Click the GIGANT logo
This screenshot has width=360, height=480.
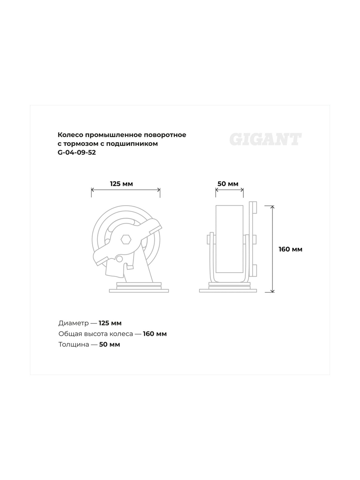tap(265, 139)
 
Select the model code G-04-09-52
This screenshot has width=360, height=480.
tap(77, 152)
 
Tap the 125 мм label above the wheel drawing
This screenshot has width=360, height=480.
tap(121, 184)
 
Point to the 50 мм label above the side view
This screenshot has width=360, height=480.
tap(228, 184)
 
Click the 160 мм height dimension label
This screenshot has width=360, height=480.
tap(290, 249)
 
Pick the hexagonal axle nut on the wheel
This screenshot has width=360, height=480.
tap(126, 239)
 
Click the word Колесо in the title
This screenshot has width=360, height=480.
tap(70, 135)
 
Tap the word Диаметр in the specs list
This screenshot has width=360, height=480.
tap(73, 323)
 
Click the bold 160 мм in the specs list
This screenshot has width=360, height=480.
tap(155, 334)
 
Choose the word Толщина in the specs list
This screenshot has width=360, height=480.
tap(74, 345)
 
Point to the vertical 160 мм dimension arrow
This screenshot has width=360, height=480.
tap(272, 249)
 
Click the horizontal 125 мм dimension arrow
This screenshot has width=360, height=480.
tap(126, 190)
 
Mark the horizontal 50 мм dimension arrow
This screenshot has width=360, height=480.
tap(230, 190)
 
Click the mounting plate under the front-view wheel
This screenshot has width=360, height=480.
tap(139, 290)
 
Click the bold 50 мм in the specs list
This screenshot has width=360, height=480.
tap(109, 345)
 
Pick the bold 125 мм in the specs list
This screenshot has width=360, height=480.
tap(110, 323)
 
